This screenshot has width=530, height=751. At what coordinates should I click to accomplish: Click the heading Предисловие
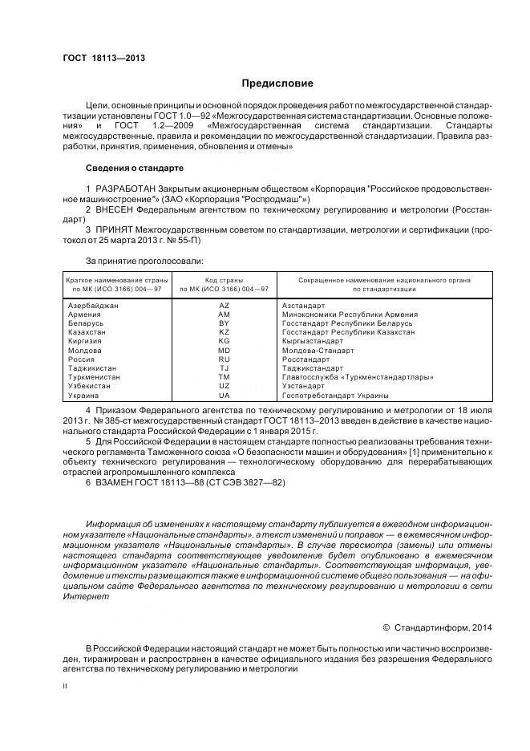coord(277,83)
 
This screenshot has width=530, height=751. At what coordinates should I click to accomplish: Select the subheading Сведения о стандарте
coord(135,168)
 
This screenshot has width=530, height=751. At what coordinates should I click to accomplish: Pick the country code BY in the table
coord(224,323)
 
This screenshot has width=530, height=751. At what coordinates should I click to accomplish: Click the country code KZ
coord(224,332)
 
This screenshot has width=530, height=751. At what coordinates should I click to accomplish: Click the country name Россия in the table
coord(81,359)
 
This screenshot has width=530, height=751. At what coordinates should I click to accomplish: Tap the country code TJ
coord(224,368)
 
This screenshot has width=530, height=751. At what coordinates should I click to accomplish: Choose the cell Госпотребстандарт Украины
coord(335,396)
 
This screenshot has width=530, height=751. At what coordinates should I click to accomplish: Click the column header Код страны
coord(224,280)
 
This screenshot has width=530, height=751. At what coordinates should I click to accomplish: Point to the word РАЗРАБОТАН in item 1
coord(121,188)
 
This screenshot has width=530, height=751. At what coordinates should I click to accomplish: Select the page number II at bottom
coord(66,686)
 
